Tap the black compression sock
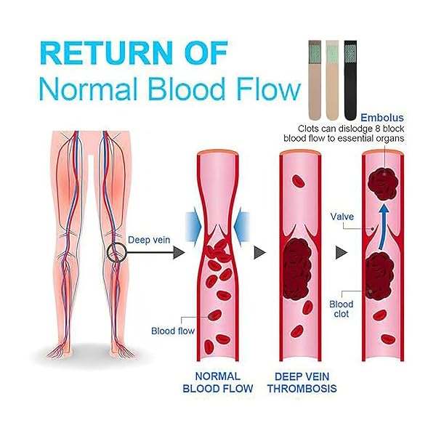[x=350, y=81]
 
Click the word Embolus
[x=382, y=118]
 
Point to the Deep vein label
[x=149, y=240]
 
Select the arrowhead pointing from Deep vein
[x=179, y=252]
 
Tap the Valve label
[x=342, y=217]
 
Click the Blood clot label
[x=342, y=309]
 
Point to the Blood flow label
[x=173, y=331]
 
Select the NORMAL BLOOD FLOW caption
[x=218, y=382]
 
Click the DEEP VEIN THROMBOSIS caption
[x=302, y=382]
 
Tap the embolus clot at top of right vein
[x=383, y=184]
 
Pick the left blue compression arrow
[x=193, y=227]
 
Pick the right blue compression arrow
[x=241, y=227]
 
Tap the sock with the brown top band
[x=315, y=81]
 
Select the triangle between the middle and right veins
[x=342, y=252]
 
